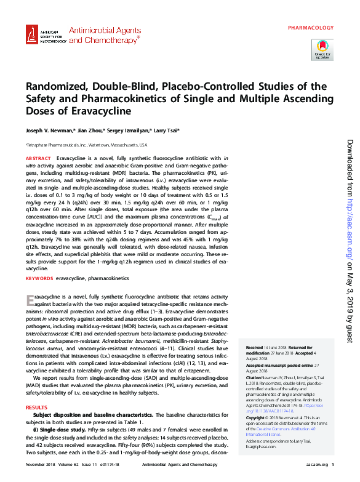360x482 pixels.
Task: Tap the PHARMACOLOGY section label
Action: (x=311, y=28)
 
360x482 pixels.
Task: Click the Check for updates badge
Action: (x=322, y=49)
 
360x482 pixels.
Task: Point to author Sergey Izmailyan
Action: (x=131, y=131)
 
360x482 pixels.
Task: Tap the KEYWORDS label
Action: (x=39, y=279)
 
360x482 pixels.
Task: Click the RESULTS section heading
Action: (x=36, y=408)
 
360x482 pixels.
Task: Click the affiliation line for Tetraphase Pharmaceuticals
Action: (x=86, y=145)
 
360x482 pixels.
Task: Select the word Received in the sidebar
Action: (x=255, y=347)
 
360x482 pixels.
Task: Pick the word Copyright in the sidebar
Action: (x=257, y=417)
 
